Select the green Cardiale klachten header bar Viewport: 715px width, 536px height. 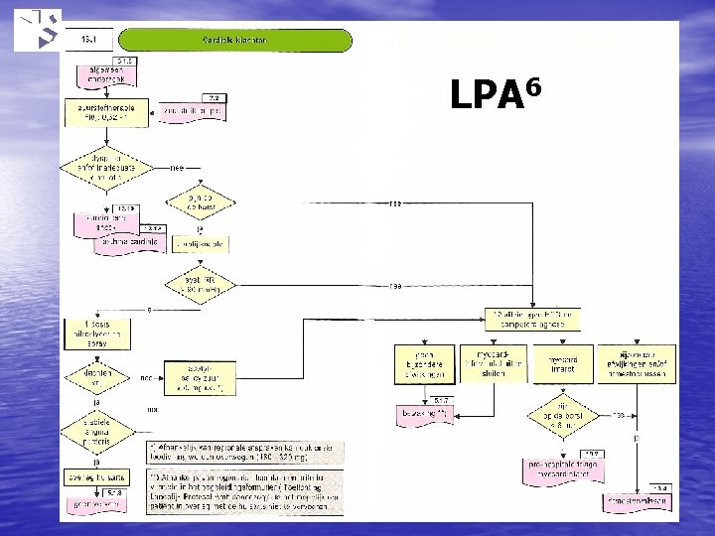[x=234, y=41]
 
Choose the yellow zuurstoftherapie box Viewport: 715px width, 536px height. [x=106, y=109]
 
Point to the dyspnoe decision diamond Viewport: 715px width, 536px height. [x=104, y=164]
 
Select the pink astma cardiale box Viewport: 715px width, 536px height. [x=126, y=244]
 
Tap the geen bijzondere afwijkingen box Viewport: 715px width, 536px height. [x=424, y=362]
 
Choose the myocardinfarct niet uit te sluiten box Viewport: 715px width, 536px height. [x=500, y=362]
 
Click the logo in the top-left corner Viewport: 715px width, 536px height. [x=38, y=30]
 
